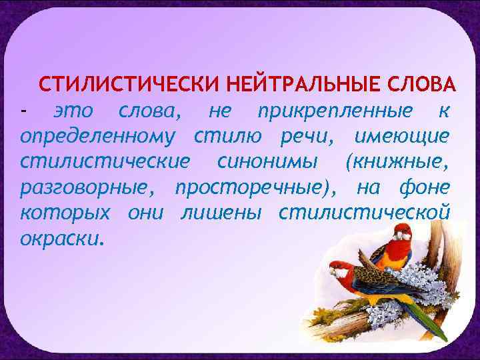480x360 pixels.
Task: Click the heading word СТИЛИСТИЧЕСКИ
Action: tap(127, 86)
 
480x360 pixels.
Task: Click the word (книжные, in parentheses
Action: tap(398, 161)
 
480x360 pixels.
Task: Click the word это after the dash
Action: tap(74, 111)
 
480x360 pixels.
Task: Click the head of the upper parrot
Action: tap(402, 232)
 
